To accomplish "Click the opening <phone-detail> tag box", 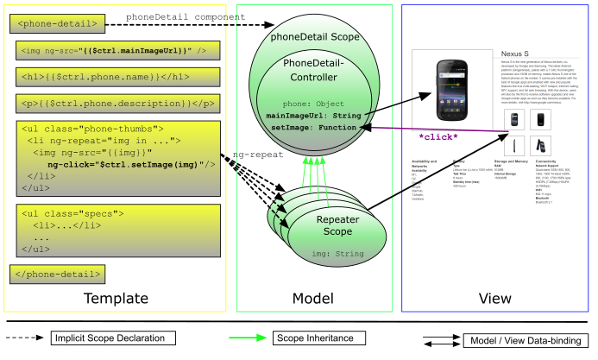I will coord(59,22).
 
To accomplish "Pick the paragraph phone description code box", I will coord(116,104).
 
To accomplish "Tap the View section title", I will coord(496,299).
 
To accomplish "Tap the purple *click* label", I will coord(438,136).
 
